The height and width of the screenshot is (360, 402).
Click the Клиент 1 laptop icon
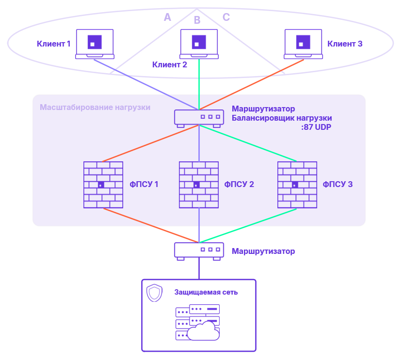tap(95, 44)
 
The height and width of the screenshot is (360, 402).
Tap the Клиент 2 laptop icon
tap(199, 44)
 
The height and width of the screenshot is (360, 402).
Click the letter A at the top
tap(167, 17)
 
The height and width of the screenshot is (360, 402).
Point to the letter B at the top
tap(197, 20)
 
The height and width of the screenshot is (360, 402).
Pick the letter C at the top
tap(226, 17)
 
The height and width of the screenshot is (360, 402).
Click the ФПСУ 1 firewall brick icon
tap(103, 185)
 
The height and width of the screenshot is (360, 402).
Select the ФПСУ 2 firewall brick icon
tap(199, 185)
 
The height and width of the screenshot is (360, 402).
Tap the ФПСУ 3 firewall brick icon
tap(297, 185)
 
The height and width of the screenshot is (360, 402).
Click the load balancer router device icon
tap(199, 118)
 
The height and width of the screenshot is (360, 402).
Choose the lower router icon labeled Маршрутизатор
tap(199, 250)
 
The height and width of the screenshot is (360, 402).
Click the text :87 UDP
tap(317, 128)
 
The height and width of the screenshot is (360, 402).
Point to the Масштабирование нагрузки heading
tap(95, 107)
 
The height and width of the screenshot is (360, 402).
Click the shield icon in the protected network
tap(154, 293)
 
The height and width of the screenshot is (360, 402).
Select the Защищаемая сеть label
tap(206, 293)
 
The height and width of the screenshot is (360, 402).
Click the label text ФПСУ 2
tap(239, 185)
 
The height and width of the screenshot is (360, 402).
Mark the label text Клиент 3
tap(345, 44)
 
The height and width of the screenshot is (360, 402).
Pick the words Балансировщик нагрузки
tap(282, 118)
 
